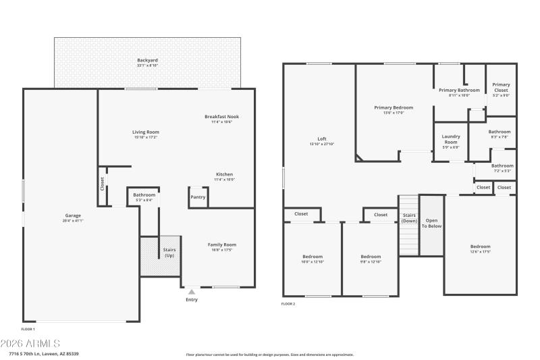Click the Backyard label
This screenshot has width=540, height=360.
[147, 60]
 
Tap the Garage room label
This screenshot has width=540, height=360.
[72, 215]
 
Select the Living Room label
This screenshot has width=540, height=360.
[145, 132]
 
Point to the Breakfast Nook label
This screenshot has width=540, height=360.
[221, 117]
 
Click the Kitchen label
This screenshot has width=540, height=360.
[224, 174]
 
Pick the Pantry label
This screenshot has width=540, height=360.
[198, 197]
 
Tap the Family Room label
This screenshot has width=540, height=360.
[221, 245]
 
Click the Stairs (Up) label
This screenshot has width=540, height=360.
[169, 253]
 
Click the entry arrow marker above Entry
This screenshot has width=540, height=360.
[191, 292]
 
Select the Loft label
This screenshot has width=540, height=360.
[322, 138]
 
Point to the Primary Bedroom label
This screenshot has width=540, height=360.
[394, 107]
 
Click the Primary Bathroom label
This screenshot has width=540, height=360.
[459, 90]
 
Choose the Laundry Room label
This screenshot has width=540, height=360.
[450, 140]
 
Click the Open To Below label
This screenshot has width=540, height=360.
[432, 223]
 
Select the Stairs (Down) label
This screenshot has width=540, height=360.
[409, 218]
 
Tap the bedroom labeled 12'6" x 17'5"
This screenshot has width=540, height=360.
[480, 247]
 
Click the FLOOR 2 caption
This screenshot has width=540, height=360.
[288, 304]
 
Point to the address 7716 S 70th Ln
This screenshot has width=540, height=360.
[44, 354]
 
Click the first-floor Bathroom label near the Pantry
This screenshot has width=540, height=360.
[144, 195]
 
